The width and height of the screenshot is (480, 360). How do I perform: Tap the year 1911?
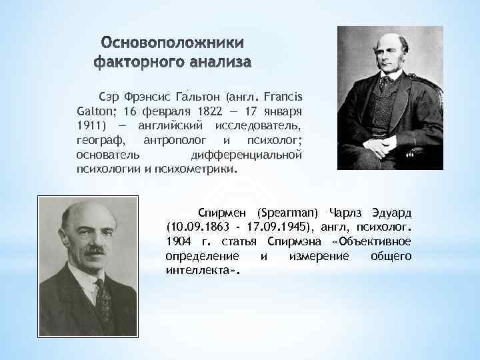pos(91,127)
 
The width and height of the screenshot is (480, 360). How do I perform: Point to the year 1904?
pos(179,241)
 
